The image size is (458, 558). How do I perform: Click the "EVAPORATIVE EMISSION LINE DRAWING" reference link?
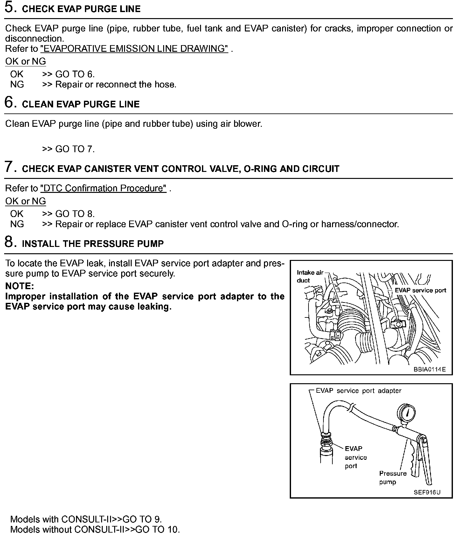click(x=134, y=49)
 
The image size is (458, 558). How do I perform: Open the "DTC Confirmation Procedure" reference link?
click(x=103, y=188)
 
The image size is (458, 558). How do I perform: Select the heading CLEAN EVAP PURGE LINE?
click(x=81, y=105)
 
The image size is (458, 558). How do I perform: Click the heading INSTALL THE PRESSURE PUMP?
click(x=93, y=244)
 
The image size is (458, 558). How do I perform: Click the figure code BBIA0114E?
click(x=430, y=369)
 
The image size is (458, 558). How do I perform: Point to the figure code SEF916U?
click(x=427, y=493)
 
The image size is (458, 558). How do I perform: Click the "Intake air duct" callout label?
click(x=309, y=276)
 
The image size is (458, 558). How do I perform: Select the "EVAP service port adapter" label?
click(x=358, y=391)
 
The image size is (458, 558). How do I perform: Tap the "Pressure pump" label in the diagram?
click(x=392, y=478)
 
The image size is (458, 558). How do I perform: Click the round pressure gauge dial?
click(x=407, y=414)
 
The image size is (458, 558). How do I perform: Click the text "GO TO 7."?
click(x=75, y=149)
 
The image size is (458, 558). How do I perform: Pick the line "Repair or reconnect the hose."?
click(x=116, y=85)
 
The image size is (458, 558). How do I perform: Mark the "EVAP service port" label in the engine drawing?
click(x=420, y=290)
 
